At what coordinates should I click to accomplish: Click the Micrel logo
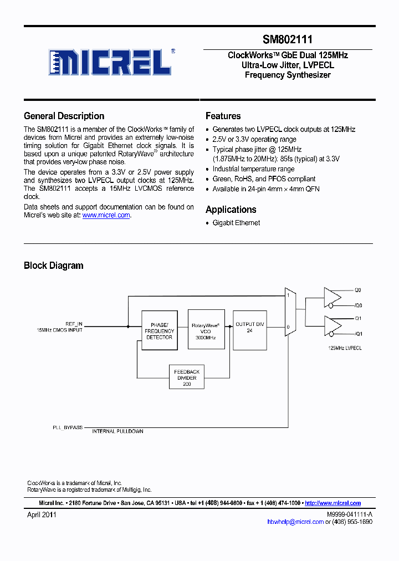110,62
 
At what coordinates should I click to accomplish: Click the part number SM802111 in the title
288,40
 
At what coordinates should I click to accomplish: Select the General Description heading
64,116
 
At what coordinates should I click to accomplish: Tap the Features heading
223,116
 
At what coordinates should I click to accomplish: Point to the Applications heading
231,210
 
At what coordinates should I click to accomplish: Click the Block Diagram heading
53,266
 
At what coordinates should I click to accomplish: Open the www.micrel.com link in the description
106,215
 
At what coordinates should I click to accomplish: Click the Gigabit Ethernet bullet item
236,223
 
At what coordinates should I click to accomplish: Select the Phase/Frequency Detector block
159,330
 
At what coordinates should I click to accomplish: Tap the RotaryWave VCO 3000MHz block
206,330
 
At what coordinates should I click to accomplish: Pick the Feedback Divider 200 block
187,378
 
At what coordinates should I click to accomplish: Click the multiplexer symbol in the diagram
289,312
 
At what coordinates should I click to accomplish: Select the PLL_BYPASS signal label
68,427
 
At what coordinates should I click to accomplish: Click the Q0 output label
358,290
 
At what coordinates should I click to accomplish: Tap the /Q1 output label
359,334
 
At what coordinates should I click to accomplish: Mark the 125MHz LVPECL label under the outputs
345,348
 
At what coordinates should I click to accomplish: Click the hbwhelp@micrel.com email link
295,522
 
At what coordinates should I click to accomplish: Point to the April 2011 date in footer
42,514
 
